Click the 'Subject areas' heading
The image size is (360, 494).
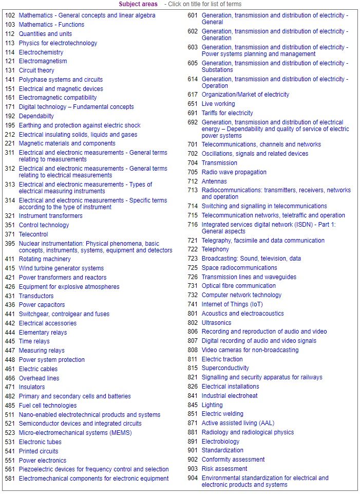tap(138, 4)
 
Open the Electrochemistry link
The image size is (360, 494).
tap(41, 52)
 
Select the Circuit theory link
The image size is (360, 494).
tap(36, 70)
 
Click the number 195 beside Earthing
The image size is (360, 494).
tap(10, 125)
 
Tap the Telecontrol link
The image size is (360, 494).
tap(33, 234)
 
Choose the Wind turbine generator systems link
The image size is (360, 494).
tap(61, 268)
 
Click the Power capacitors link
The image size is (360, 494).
tap(42, 305)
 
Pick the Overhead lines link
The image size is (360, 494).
tap(39, 378)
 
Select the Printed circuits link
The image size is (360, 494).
tap(39, 451)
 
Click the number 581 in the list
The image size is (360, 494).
tap(10, 479)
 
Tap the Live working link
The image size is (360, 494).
tap(218, 104)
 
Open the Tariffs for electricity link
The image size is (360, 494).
tap(227, 113)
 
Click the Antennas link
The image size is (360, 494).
tap(214, 181)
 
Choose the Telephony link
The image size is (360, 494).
tap(215, 249)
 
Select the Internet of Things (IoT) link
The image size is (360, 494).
tap(232, 304)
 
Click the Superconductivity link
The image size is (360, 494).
tap(225, 368)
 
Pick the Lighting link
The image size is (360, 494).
tap(212, 405)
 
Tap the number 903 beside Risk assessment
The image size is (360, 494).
tap(193, 469)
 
